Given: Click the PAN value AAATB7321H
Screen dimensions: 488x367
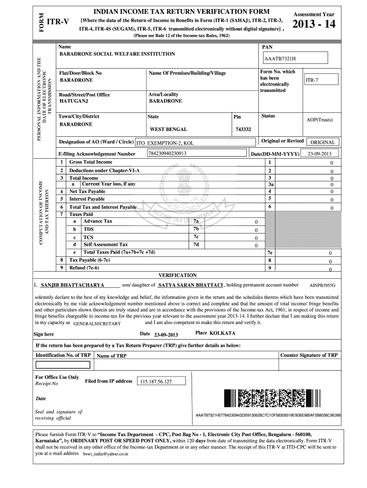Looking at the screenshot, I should coord(281,58).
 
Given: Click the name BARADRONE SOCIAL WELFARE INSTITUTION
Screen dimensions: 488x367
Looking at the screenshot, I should coord(117,54).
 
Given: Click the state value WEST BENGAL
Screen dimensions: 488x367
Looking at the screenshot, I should coord(168,129).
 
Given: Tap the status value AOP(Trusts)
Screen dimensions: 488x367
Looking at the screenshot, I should coord(319,120).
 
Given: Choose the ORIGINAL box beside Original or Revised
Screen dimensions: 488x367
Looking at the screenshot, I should coord(323,142).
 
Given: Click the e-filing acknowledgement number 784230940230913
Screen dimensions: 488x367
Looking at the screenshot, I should coord(167,153).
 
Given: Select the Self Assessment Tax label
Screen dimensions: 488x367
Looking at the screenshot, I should coord(105,244).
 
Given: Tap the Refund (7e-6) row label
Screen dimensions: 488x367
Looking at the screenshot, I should coord(84,268).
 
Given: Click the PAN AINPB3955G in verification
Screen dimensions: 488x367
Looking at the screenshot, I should coord(323,285).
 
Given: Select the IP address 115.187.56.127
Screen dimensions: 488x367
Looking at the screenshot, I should coord(155,382).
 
